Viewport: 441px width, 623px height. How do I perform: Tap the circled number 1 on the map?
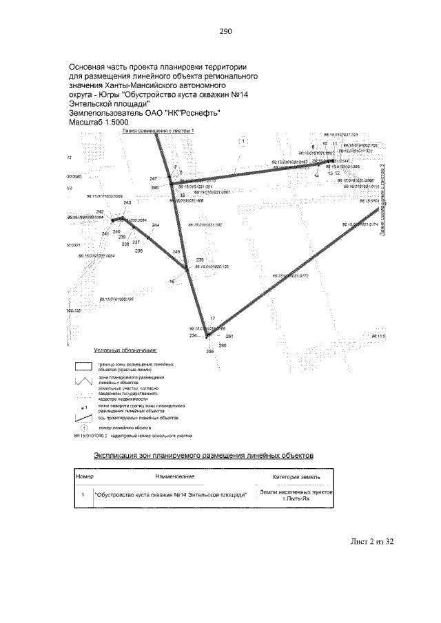[247, 141]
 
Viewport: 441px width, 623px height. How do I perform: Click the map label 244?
[156, 226]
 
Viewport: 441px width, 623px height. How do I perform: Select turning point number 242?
[100, 211]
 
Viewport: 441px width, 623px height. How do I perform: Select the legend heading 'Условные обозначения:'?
[126, 350]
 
